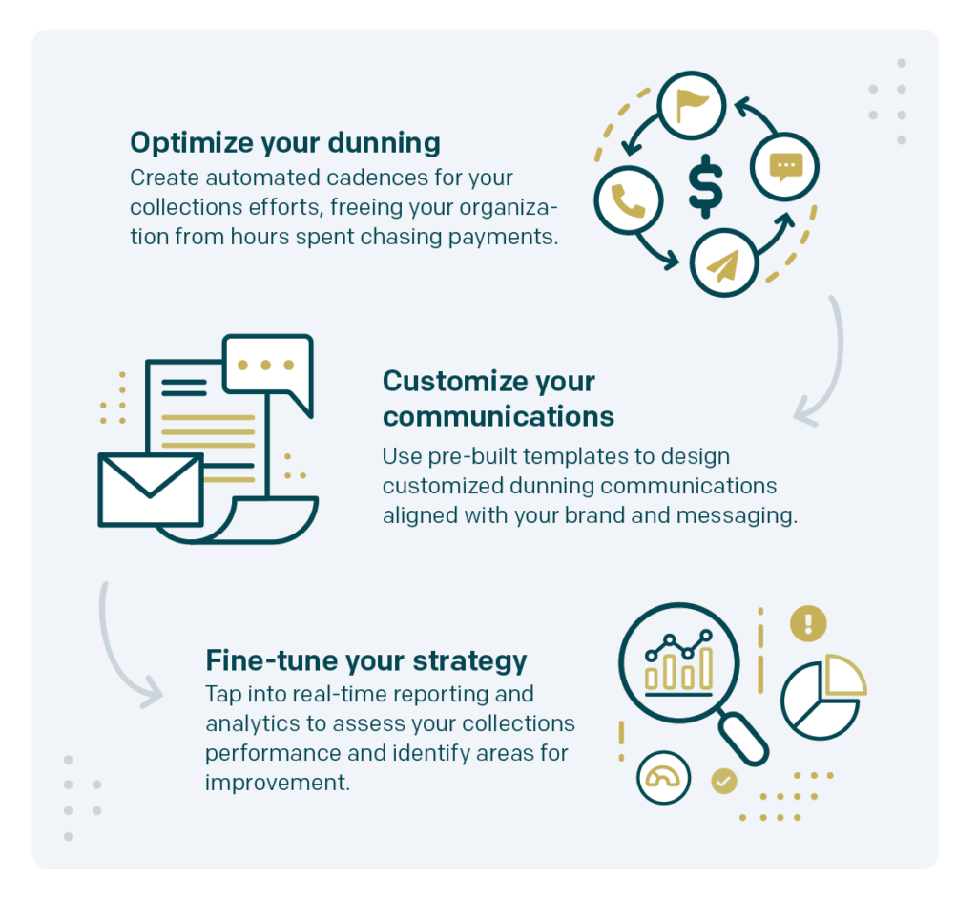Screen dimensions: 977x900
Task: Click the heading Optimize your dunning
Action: pyautogui.click(x=284, y=143)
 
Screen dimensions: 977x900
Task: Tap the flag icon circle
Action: pyautogui.click(x=692, y=105)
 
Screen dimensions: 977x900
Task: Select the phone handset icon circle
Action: pyautogui.click(x=628, y=200)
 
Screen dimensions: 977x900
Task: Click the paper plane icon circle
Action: pyautogui.click(x=723, y=262)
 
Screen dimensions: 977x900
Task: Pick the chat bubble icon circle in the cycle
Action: pyautogui.click(x=784, y=166)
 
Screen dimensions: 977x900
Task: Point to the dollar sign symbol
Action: pyautogui.click(x=706, y=186)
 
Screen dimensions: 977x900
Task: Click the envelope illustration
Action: pyautogui.click(x=151, y=490)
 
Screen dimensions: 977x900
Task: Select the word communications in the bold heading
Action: pyautogui.click(x=498, y=416)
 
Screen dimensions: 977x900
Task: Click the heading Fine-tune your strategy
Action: pyautogui.click(x=366, y=661)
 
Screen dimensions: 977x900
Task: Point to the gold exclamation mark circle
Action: pyautogui.click(x=808, y=623)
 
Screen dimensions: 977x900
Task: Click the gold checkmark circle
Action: pyautogui.click(x=723, y=781)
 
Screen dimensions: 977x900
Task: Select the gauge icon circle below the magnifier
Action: pyautogui.click(x=664, y=777)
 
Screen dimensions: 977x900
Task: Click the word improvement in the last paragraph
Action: pyautogui.click(x=278, y=783)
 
